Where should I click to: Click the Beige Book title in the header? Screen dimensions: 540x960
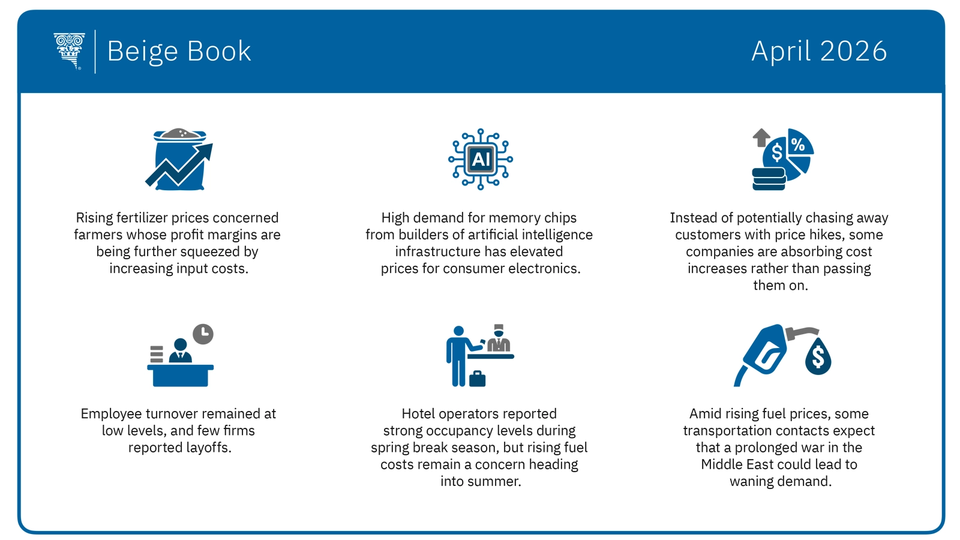[x=179, y=52]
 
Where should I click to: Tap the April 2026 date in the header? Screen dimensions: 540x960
[x=819, y=52]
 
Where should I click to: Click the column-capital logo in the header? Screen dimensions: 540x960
[x=70, y=51]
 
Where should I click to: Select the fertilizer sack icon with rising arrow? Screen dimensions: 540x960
[x=179, y=160]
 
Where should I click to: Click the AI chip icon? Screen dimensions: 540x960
[x=481, y=160]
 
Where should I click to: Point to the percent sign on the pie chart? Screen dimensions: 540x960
[x=798, y=144]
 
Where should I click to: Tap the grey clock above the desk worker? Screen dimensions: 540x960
[x=203, y=334]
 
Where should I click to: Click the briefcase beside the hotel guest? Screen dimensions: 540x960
[x=478, y=379]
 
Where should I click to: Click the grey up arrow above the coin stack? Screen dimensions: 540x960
[x=761, y=137]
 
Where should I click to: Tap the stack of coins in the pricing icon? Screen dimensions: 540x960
[x=769, y=179]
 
